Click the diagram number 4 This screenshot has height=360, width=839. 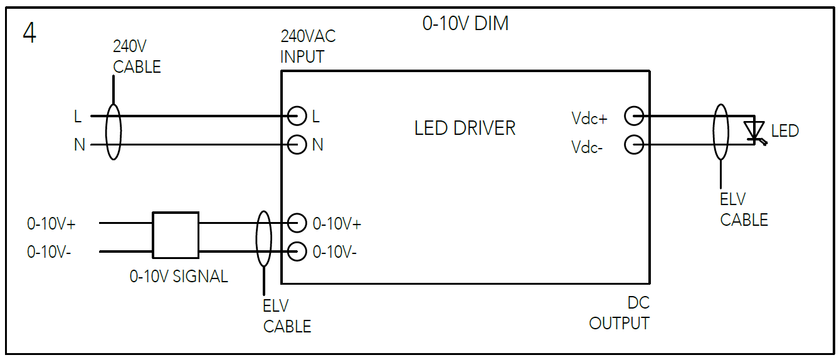(x=29, y=33)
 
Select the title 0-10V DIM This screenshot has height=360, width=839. (x=465, y=24)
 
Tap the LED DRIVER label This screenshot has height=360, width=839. (x=465, y=129)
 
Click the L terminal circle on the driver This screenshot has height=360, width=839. (x=297, y=116)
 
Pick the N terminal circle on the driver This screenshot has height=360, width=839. (x=297, y=145)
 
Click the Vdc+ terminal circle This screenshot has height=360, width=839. (x=634, y=116)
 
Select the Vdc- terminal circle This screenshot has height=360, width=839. (x=634, y=145)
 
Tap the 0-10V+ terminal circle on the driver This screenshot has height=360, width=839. (x=297, y=223)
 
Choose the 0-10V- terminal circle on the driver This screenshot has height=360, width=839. (x=297, y=251)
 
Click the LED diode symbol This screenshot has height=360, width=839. (x=754, y=131)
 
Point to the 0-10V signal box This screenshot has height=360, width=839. (x=176, y=235)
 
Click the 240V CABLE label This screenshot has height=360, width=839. (x=137, y=56)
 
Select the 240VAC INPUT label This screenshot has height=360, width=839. (x=307, y=46)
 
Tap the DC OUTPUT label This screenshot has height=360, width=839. (x=620, y=313)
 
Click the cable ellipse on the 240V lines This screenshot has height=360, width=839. (x=113, y=130)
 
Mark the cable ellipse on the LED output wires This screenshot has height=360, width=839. (x=721, y=130)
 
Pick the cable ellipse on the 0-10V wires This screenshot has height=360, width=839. (x=263, y=238)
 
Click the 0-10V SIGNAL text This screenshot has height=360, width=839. (x=179, y=277)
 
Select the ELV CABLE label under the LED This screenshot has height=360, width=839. (x=744, y=209)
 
